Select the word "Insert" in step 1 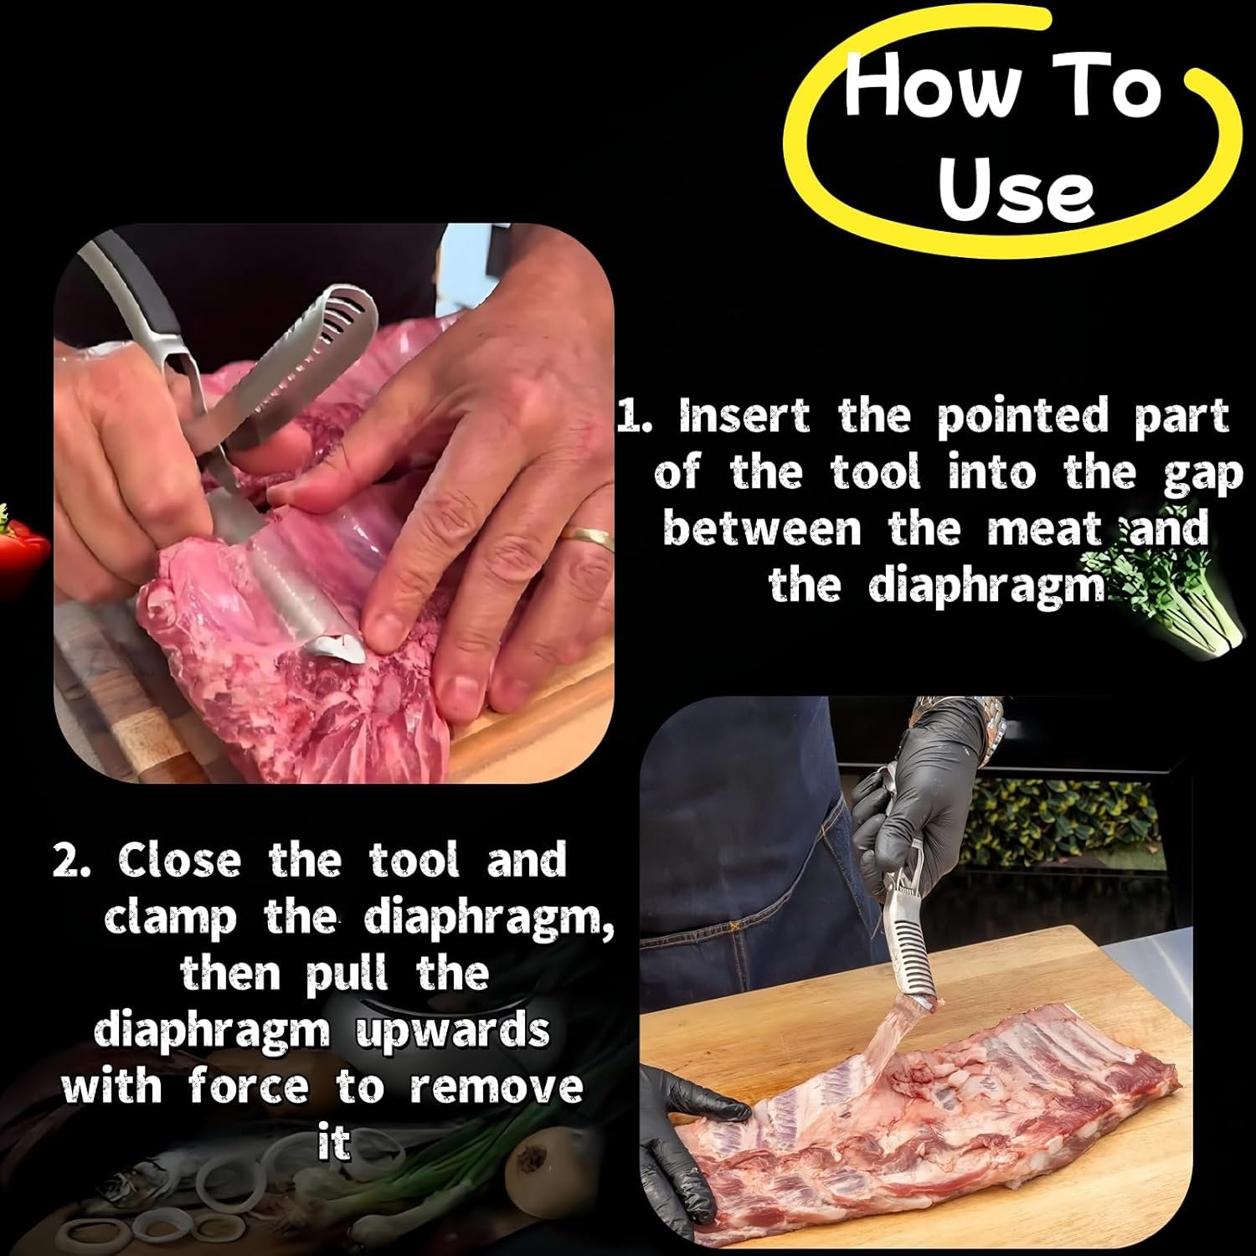tap(744, 416)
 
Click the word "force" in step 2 tap(249, 1087)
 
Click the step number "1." tap(635, 417)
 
